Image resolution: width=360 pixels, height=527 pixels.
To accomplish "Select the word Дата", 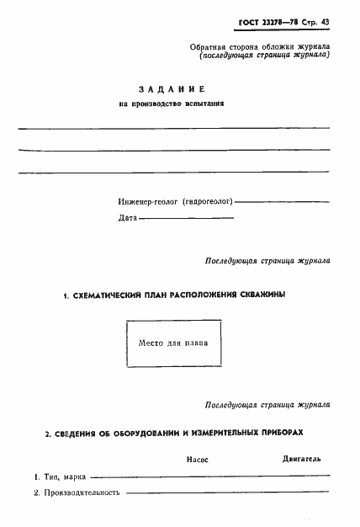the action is [x=127, y=218].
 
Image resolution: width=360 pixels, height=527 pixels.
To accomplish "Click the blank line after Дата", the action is [x=184, y=219].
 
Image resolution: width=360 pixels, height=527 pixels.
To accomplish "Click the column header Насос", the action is [x=196, y=460].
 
